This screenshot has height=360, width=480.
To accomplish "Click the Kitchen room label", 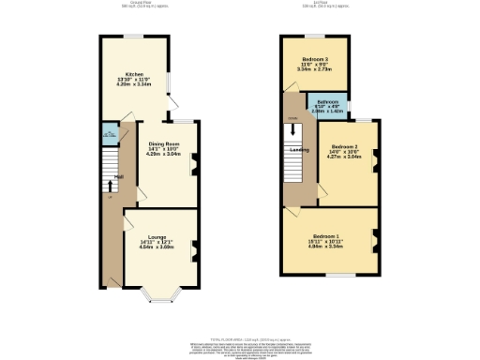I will click(x=135, y=72).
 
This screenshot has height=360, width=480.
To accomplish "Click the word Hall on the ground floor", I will click(x=118, y=176).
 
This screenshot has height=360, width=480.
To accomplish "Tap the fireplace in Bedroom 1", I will click(x=375, y=236).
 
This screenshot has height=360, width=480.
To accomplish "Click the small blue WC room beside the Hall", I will click(x=109, y=135).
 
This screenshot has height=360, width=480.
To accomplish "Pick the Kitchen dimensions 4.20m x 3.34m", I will click(x=135, y=83).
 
